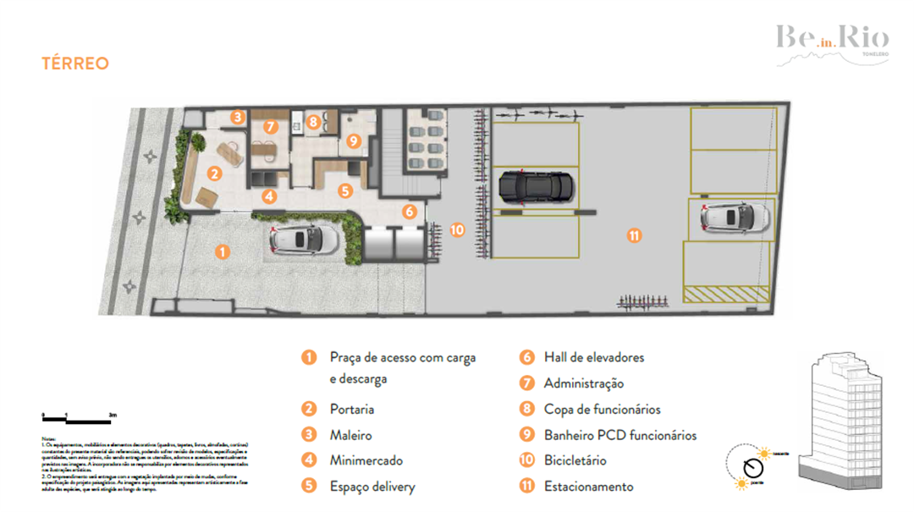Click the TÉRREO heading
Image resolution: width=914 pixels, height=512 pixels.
pyautogui.click(x=75, y=63)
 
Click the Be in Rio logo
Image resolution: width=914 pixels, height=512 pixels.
pyautogui.click(x=832, y=40)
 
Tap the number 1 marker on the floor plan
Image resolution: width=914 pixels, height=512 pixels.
pyautogui.click(x=222, y=251)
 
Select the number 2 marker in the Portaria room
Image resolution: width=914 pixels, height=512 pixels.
pyautogui.click(x=215, y=173)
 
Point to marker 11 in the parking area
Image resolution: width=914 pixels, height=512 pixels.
pyautogui.click(x=634, y=236)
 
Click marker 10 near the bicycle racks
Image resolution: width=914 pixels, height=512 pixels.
pyautogui.click(x=457, y=229)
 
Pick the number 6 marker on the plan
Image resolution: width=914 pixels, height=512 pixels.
pyautogui.click(x=409, y=212)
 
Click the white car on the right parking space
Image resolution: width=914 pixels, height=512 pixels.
pyautogui.click(x=735, y=217)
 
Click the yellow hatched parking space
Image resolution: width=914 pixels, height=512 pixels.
pyautogui.click(x=726, y=294)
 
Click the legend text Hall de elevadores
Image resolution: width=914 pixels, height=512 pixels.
pyautogui.click(x=593, y=357)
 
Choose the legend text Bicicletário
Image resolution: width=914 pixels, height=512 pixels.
pyautogui.click(x=575, y=460)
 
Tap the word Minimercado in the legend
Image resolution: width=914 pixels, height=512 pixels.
pyautogui.click(x=366, y=460)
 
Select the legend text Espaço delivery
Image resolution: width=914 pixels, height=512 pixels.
pyautogui.click(x=372, y=487)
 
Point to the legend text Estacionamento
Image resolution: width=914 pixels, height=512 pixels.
pyautogui.click(x=588, y=487)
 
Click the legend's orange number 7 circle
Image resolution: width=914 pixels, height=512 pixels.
pyautogui.click(x=526, y=383)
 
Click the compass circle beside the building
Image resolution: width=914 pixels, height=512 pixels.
pyautogui.click(x=750, y=468)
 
